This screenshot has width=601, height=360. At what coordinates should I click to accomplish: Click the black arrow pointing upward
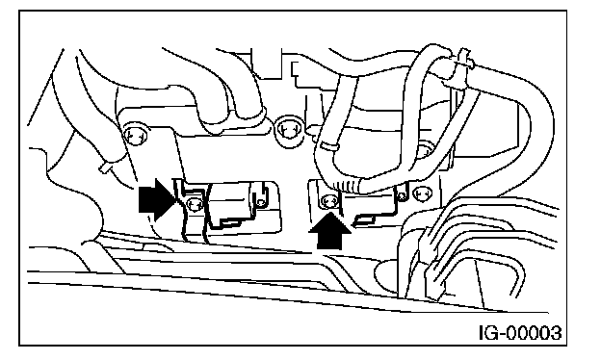point(329,231)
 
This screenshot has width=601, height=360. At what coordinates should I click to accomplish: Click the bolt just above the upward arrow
point(329,200)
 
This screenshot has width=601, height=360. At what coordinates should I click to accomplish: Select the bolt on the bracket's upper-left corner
point(136,135)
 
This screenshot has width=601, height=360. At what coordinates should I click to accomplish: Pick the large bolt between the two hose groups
point(288,128)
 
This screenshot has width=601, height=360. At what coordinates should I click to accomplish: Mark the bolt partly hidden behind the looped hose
point(425,149)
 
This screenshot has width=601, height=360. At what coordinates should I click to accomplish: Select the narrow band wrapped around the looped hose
point(328,146)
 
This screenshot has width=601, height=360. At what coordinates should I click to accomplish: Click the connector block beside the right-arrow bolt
point(229,203)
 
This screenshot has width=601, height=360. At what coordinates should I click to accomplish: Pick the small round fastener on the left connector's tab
point(261,202)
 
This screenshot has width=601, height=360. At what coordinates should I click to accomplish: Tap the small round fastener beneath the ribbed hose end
point(402,196)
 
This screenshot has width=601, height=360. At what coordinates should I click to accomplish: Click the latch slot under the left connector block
point(231,221)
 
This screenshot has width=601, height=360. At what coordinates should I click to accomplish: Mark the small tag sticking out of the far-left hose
point(105,167)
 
